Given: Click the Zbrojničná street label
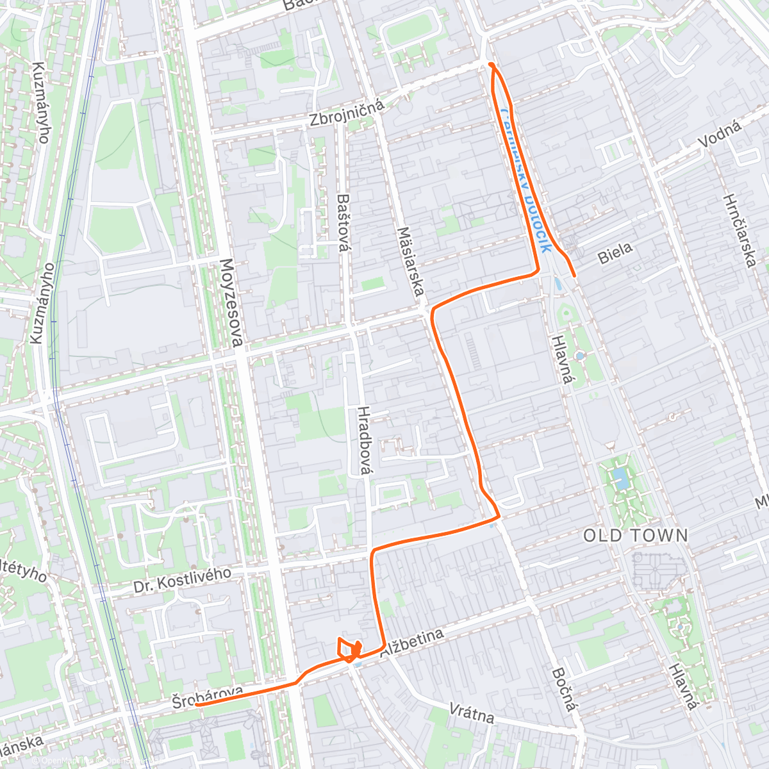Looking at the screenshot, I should click(346, 113).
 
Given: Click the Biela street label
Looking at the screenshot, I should click(615, 253).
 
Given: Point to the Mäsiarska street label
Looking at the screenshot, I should click(411, 261).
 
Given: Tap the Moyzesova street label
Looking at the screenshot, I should click(231, 303).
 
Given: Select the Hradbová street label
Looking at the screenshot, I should click(363, 441).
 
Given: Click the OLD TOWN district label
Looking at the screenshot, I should click(635, 536).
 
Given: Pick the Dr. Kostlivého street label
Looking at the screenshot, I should click(182, 580).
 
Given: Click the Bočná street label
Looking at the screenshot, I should click(562, 690).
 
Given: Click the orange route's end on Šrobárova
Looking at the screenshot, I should click(196, 704).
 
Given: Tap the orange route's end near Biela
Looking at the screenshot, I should click(574, 276).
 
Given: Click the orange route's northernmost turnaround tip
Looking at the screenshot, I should click(491, 64).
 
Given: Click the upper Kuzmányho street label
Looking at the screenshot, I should click(40, 103).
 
